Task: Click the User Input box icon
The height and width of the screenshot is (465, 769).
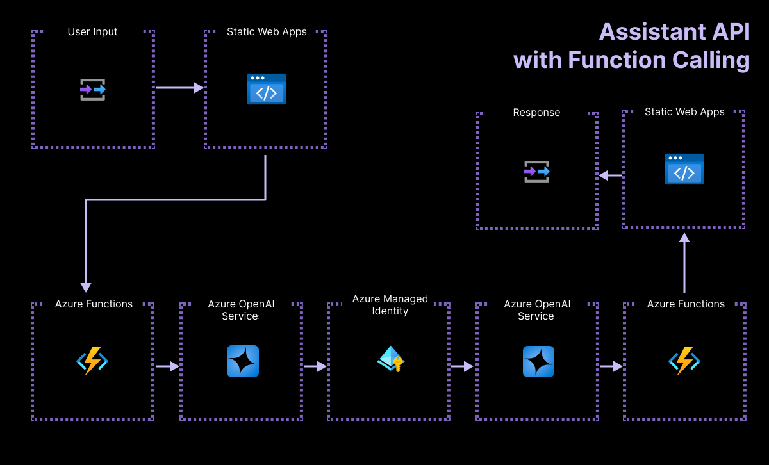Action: pyautogui.click(x=93, y=90)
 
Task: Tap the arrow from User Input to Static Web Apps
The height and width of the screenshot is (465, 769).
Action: pyautogui.click(x=179, y=87)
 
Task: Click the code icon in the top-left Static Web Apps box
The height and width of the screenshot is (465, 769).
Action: pyautogui.click(x=267, y=89)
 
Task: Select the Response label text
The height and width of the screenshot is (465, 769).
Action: pyautogui.click(x=536, y=112)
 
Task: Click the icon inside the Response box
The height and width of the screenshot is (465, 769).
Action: pyautogui.click(x=537, y=172)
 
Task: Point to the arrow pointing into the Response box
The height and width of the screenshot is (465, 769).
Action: pyautogui.click(x=609, y=175)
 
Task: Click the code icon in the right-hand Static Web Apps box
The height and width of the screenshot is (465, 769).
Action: pyautogui.click(x=684, y=169)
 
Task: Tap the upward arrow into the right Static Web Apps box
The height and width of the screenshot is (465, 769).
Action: pyautogui.click(x=684, y=263)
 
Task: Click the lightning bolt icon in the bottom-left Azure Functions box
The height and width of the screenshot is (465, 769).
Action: pyautogui.click(x=92, y=361)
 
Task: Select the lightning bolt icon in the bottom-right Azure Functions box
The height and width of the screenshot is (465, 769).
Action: pyautogui.click(x=684, y=361)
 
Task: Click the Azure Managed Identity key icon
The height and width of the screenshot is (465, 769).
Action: pyautogui.click(x=390, y=359)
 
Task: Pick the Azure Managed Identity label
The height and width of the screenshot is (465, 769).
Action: pyautogui.click(x=390, y=305)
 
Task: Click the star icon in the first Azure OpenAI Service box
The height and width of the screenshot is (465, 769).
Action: pyautogui.click(x=243, y=361)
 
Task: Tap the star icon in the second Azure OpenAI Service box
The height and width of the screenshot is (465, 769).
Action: pyautogui.click(x=538, y=361)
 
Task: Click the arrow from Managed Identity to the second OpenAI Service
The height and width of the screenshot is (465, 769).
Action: pyautogui.click(x=461, y=366)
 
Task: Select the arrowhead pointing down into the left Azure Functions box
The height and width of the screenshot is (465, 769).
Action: pyautogui.click(x=86, y=288)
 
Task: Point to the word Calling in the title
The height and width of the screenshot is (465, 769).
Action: pyautogui.click(x=711, y=60)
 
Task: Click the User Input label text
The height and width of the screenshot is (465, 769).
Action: pyautogui.click(x=93, y=31)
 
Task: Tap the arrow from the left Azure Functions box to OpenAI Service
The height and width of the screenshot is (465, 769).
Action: pyautogui.click(x=167, y=366)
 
